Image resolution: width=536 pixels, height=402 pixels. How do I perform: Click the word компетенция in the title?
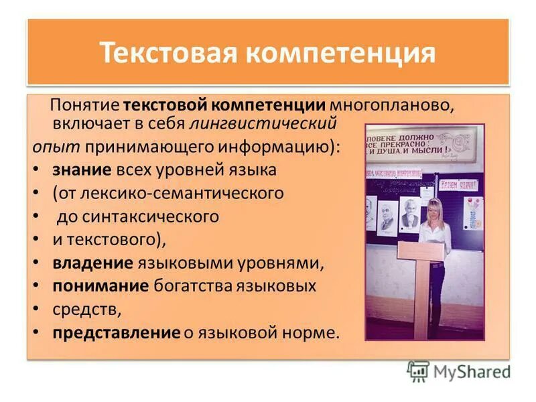[342, 52]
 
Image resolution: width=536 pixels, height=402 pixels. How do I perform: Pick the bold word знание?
[81, 170]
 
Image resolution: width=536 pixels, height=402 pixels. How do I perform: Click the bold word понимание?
[100, 286]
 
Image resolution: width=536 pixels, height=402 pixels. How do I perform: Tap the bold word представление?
[116, 332]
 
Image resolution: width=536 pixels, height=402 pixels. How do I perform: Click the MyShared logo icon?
[418, 371]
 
